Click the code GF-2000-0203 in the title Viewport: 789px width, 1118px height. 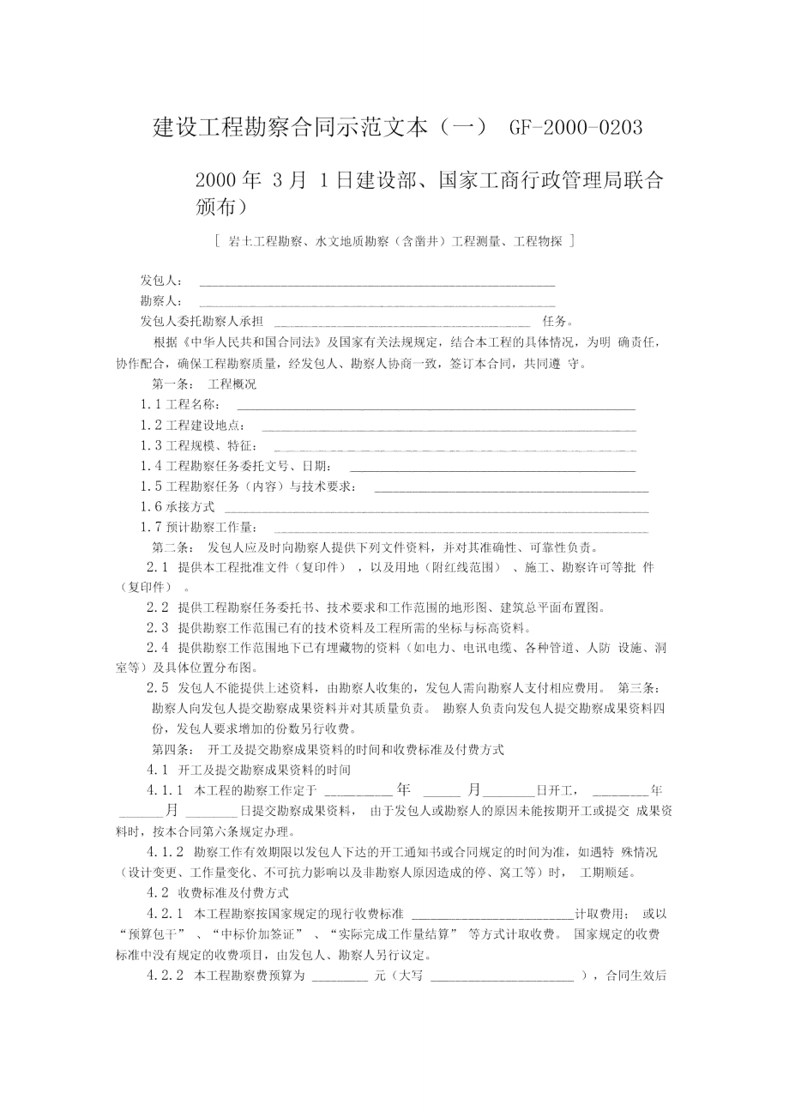[575, 128]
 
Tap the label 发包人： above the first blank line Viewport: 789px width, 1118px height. [161, 281]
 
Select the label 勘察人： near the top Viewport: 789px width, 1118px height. [161, 301]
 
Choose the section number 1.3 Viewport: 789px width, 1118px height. [152, 445]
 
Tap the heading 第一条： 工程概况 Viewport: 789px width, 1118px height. [204, 384]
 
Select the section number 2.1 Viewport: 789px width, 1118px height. [157, 567]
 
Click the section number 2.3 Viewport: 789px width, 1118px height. [157, 627]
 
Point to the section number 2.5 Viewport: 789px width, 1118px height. [157, 687]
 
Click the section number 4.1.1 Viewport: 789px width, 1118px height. [166, 790]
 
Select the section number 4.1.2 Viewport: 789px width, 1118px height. [166, 852]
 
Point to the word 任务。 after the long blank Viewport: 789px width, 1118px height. [557, 322]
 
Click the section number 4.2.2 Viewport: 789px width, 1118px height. [166, 976]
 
